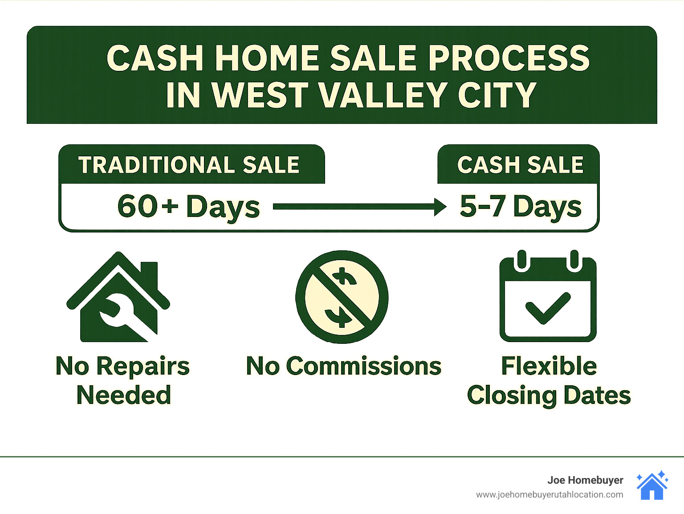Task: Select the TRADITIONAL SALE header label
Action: pos(189,165)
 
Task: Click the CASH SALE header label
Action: pos(520,165)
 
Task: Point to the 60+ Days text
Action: pos(188,207)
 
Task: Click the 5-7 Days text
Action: pos(520,207)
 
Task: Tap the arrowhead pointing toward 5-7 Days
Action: pos(440,207)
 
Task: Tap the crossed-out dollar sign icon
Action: pos(342,297)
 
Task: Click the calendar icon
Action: pos(548,297)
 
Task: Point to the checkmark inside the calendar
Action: pos(548,308)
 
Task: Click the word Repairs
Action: pos(142,367)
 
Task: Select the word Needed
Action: pos(123,395)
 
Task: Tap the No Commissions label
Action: pos(343,366)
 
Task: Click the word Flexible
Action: pos(549,366)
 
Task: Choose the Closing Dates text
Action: pos(549,395)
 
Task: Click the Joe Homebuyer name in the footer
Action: pos(585,480)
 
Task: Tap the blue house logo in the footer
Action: pos(652,486)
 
